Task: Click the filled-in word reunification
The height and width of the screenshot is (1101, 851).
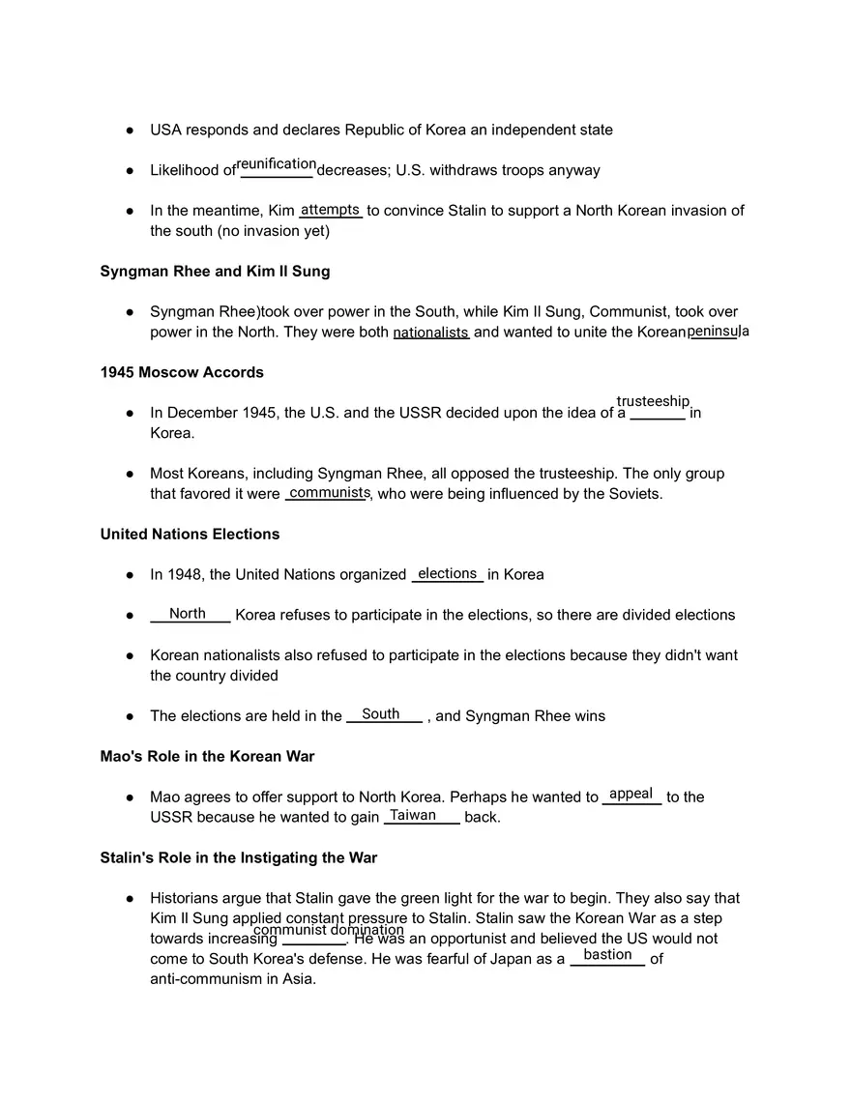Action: click(277, 164)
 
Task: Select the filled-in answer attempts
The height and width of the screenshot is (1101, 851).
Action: click(331, 210)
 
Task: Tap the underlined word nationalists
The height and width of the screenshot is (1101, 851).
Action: click(430, 333)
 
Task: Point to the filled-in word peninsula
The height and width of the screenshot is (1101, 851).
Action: click(718, 331)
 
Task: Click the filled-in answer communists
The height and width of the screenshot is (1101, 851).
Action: click(329, 493)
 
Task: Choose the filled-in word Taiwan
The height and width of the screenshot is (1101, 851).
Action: click(413, 815)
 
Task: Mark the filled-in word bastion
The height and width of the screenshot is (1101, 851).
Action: click(608, 955)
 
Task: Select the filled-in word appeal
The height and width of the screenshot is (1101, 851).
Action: click(631, 794)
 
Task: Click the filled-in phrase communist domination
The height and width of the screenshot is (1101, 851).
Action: click(329, 930)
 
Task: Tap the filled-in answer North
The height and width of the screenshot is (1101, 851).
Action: click(188, 614)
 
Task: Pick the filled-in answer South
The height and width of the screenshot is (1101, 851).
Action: click(381, 714)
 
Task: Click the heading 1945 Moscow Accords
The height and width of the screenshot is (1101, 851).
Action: click(182, 372)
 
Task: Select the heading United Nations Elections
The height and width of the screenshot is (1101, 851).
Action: click(190, 534)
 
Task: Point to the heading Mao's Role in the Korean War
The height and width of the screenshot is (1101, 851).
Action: click(207, 756)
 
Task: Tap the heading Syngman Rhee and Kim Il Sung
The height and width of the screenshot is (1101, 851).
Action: click(215, 272)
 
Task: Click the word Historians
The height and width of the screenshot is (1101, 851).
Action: click(188, 898)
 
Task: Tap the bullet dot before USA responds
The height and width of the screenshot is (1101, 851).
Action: click(130, 130)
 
